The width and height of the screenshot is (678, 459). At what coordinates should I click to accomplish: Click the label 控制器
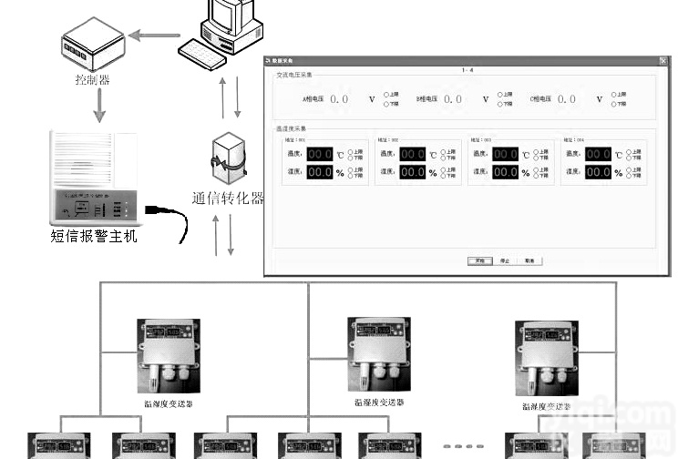[x=92, y=80]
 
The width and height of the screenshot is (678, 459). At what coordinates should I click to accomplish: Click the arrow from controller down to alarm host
[x=99, y=106]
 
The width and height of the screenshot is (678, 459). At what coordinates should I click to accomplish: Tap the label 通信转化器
[x=228, y=198]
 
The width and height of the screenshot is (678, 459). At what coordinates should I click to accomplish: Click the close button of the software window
[x=663, y=61]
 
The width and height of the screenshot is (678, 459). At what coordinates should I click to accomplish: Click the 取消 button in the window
[x=529, y=260]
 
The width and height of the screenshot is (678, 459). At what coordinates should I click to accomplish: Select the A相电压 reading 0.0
[x=339, y=98]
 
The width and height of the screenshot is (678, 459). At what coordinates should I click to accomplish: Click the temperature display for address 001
[x=320, y=155]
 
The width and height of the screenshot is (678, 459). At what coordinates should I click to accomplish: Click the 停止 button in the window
[x=505, y=260]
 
